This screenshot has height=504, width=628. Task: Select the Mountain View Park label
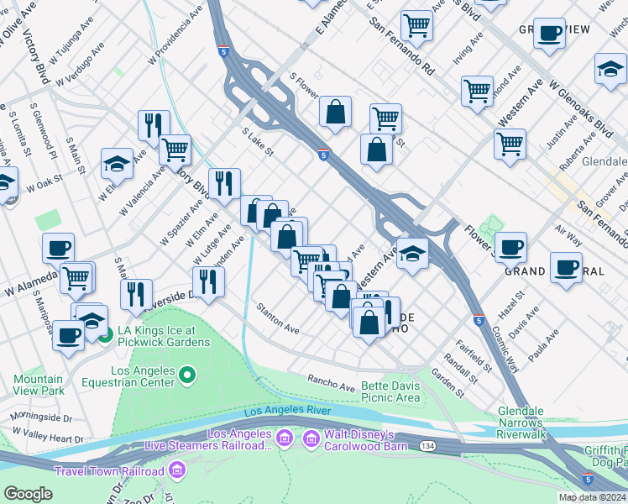coord(38,385)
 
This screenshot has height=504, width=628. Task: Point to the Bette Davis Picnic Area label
coord(390,391)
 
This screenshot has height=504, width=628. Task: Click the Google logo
coord(28,494)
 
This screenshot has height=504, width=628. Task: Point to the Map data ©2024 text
coord(591,497)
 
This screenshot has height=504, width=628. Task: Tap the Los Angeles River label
coord(286,412)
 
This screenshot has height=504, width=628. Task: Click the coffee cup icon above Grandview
coord(549,34)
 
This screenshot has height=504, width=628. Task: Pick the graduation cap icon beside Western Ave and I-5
coord(411,251)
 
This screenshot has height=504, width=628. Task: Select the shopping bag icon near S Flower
coord(335,111)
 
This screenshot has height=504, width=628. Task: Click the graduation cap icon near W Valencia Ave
coord(117,163)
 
